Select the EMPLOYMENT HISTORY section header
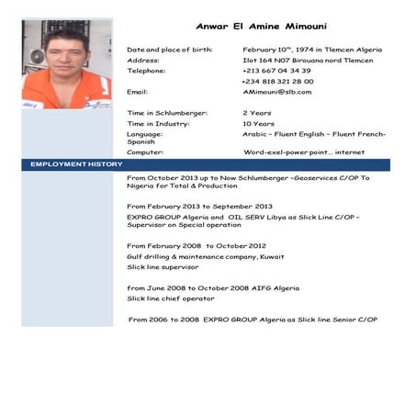click(76, 163)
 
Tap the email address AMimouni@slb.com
click(277, 92)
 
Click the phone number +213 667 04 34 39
click(276, 71)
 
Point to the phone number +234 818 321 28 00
click(278, 81)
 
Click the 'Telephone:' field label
click(147, 71)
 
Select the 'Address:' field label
click(143, 60)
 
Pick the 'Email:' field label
click(138, 92)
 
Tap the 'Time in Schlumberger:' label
click(167, 113)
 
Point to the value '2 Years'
click(256, 113)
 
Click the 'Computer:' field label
click(146, 152)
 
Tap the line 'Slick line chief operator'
click(171, 298)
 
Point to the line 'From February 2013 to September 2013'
click(199, 207)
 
